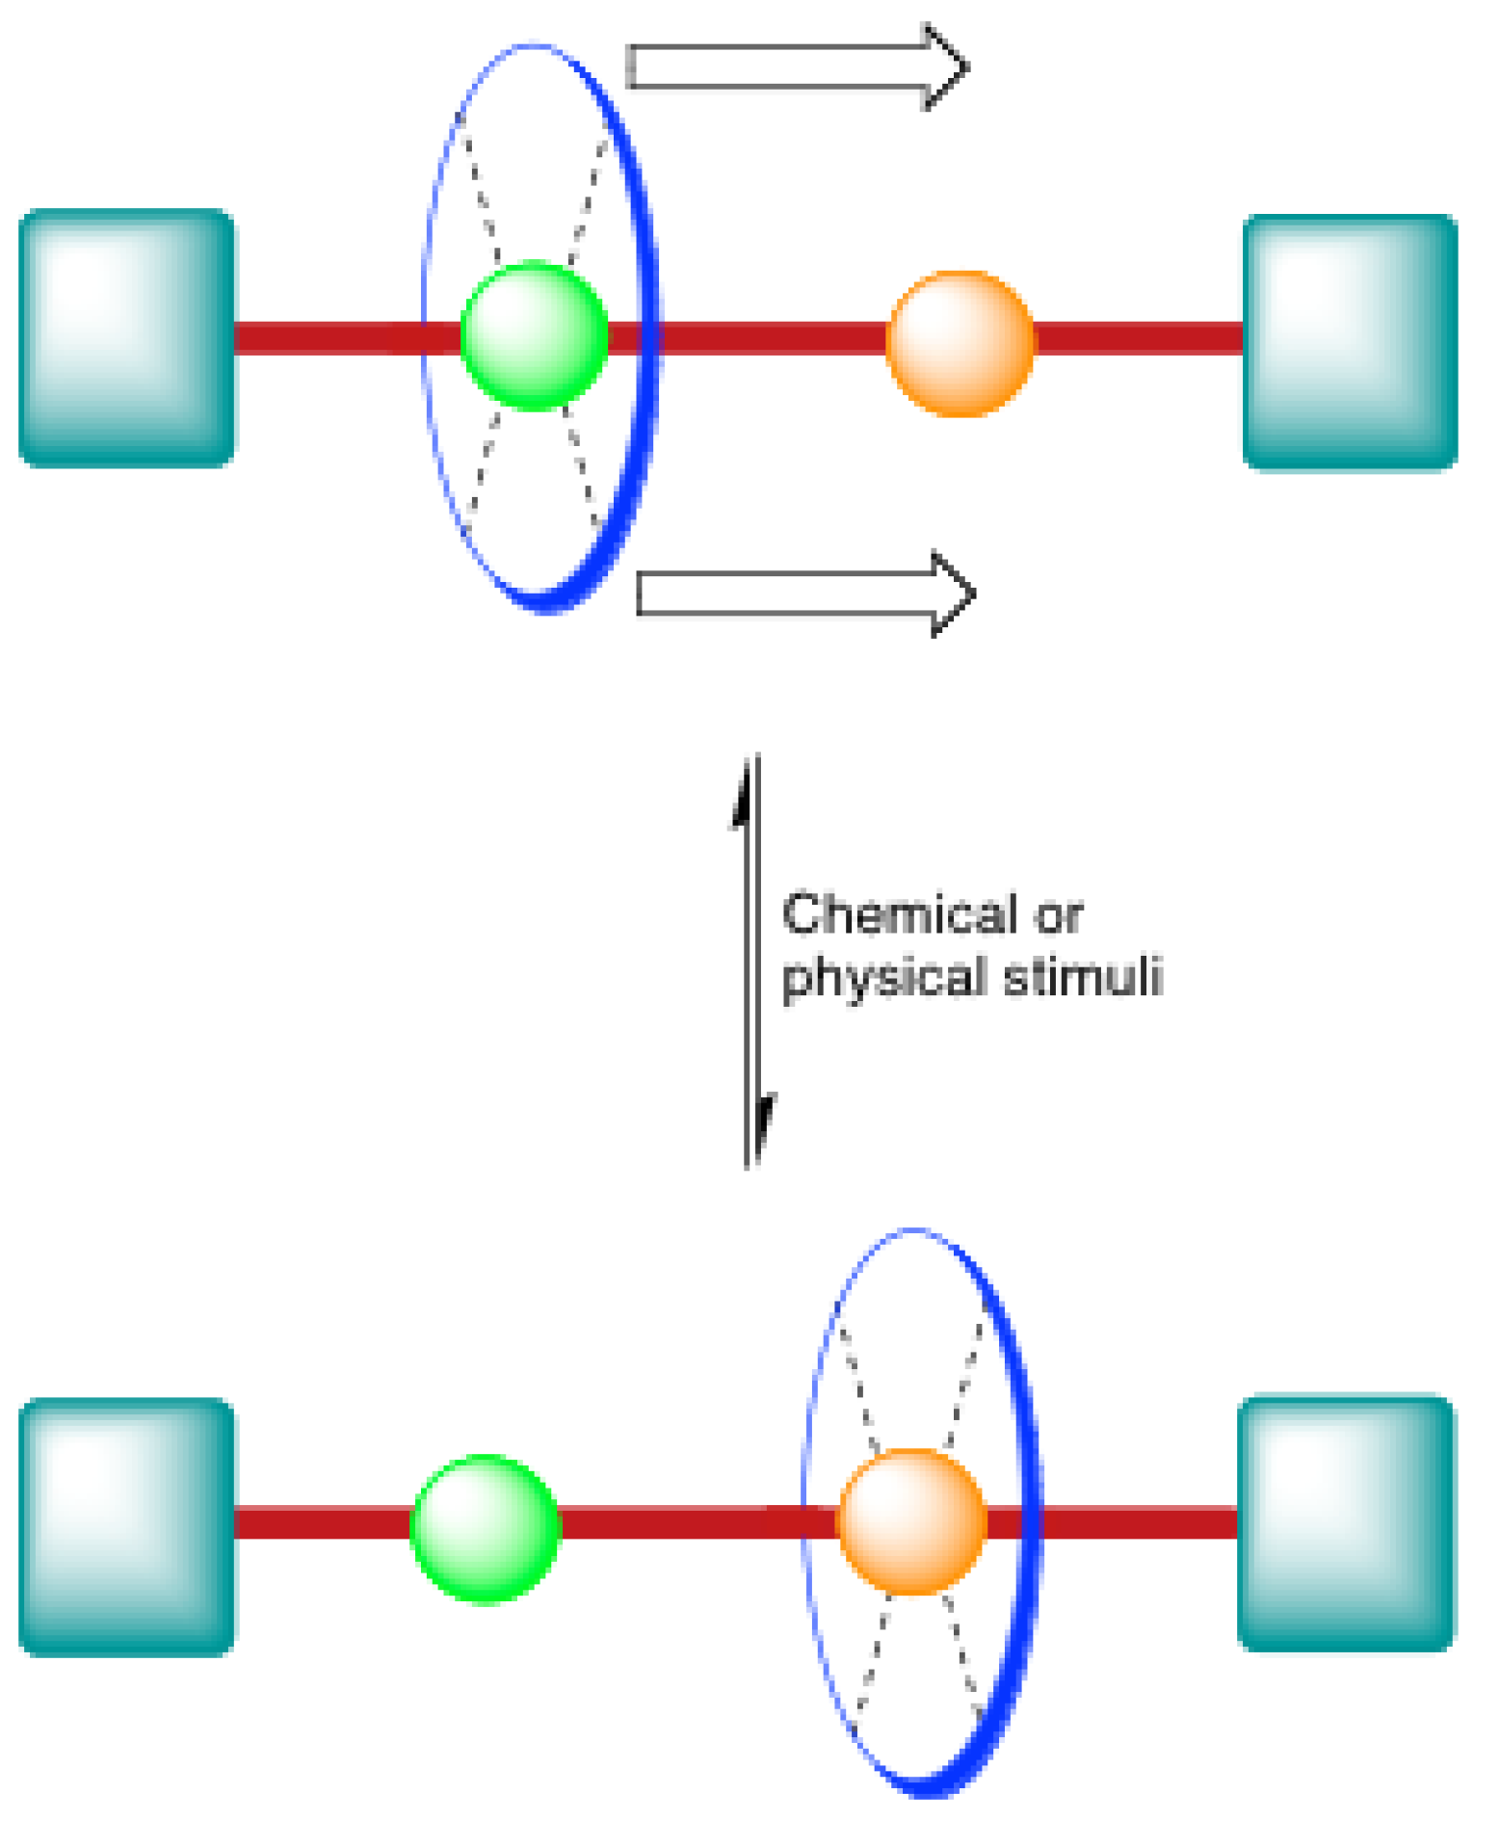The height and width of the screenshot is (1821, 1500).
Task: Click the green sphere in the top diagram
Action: pos(535,335)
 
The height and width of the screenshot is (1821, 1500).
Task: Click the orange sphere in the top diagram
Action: pos(960,343)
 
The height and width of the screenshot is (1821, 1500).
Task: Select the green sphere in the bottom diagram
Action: pos(486,1528)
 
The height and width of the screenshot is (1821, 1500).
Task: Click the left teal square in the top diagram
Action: pos(126,337)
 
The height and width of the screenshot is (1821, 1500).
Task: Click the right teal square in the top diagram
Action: pos(1350,342)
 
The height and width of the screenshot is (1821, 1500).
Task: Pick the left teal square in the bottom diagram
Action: pos(126,1527)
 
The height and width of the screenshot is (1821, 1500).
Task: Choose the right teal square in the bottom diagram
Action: pos(1346,1523)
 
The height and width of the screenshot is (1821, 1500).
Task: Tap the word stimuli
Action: pos(1083,975)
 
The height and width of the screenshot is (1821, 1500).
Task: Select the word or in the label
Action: pos(1059,915)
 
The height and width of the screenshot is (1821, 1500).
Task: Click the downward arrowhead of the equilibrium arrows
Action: pos(766,1122)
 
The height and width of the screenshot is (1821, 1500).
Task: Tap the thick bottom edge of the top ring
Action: pos(549,602)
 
